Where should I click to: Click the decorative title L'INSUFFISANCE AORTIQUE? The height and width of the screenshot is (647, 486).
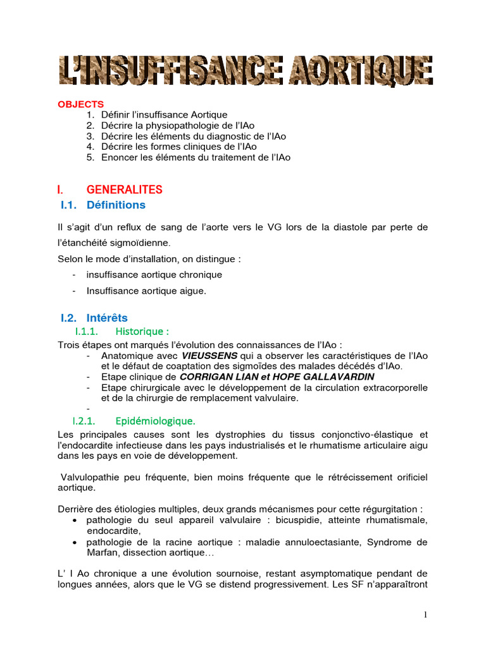(x=246, y=71)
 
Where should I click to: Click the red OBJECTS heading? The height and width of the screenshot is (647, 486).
(x=81, y=104)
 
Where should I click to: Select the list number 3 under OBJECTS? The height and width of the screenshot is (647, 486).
(x=90, y=136)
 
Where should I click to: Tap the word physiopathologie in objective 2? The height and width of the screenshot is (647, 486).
(x=173, y=125)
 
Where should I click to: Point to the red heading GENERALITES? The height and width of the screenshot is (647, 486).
(x=124, y=190)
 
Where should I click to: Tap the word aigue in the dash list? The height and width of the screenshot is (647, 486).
(x=192, y=291)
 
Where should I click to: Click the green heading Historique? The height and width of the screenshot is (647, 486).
(x=142, y=331)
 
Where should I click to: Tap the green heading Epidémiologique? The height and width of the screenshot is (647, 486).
(x=155, y=421)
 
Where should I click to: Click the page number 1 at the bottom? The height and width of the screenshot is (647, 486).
(x=426, y=615)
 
